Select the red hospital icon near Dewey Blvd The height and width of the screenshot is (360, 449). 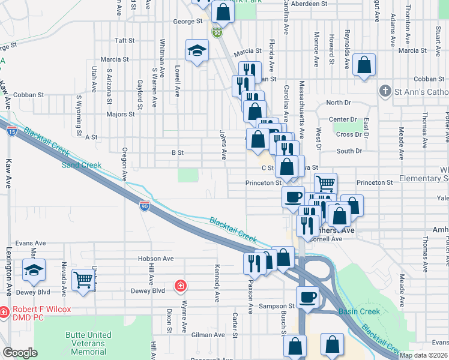click(x=179, y=286)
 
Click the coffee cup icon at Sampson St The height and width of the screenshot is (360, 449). click(x=308, y=296)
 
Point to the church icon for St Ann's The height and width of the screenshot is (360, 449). click(x=385, y=91)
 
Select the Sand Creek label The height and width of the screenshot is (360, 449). click(x=79, y=163)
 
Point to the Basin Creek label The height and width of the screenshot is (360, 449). click(x=359, y=311)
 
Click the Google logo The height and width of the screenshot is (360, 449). click(x=20, y=353)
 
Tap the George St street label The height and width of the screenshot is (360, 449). click(x=188, y=22)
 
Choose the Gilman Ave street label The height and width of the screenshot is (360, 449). click(x=208, y=335)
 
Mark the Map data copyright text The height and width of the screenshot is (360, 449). click(x=423, y=355)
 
